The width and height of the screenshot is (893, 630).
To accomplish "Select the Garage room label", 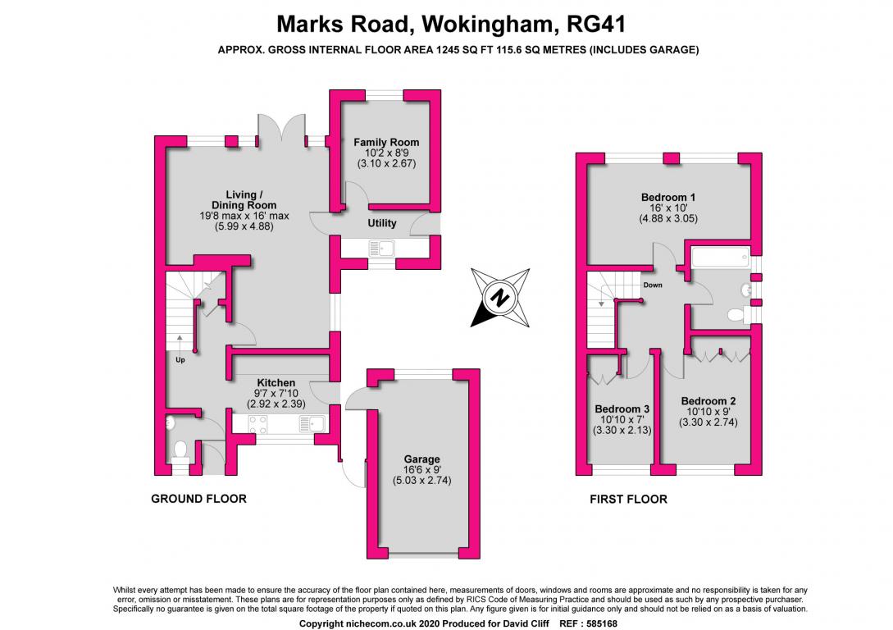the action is coord(421,459).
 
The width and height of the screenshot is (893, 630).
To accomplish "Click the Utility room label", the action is coord(382,223).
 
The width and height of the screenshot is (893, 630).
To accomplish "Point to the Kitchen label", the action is coord(276,383).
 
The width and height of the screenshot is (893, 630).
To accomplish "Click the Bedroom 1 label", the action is coord(668,197).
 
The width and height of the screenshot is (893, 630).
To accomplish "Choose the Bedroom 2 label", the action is coord(708,401).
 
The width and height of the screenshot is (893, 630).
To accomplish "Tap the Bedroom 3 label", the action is coord(622,409).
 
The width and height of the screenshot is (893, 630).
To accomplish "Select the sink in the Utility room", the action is coord(381,247).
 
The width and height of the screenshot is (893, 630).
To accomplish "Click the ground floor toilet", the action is coord(180,450).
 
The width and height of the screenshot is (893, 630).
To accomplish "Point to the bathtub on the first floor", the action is coord(720,260).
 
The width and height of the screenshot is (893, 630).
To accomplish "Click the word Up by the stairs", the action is coord(179,359).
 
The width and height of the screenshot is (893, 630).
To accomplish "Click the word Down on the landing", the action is coord(653,285).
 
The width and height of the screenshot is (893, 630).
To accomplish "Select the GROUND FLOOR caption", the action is coord(198,499).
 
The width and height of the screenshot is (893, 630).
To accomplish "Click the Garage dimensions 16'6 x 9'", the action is coord(421,470).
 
